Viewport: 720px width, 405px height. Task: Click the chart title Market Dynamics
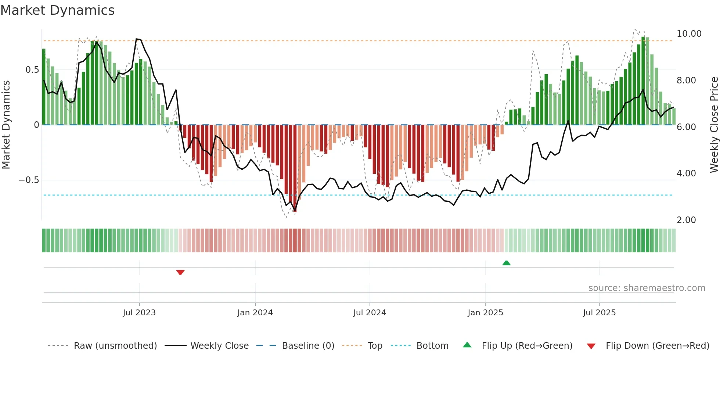pos(58,10)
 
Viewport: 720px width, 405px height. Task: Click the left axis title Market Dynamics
pos(6,125)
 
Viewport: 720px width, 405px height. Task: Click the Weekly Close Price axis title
pos(714,125)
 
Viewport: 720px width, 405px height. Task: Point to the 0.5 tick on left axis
pos(32,70)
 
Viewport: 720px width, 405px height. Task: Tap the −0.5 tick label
pos(29,180)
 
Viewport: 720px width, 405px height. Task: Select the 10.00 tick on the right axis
pos(689,34)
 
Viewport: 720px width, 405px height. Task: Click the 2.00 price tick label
pos(686,220)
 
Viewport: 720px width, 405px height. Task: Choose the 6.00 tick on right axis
pos(686,127)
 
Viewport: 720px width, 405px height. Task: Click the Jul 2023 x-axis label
pos(139,313)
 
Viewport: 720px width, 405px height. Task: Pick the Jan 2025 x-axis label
pos(485,313)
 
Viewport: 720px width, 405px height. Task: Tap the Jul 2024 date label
pos(370,313)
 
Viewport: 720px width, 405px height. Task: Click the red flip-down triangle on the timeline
pos(180,272)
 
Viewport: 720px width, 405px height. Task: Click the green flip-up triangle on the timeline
pos(506,263)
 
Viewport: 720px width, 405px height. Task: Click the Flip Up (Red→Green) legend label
pos(527,346)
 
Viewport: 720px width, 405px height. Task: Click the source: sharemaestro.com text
pos(647,288)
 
